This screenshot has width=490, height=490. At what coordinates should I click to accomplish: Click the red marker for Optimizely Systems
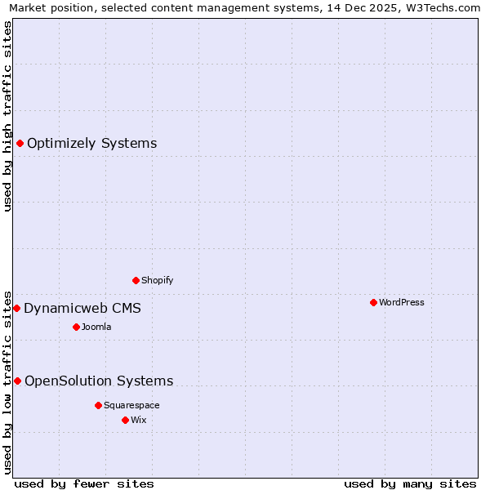[20, 144]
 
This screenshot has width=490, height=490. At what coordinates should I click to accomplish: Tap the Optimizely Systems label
[91, 144]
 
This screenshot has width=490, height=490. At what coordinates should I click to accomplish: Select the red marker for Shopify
[136, 280]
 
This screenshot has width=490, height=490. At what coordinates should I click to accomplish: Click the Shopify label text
[157, 281]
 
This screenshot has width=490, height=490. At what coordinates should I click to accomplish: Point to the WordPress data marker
[373, 302]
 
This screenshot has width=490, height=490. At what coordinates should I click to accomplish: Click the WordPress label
[401, 303]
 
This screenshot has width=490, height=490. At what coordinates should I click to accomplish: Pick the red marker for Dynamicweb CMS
[16, 308]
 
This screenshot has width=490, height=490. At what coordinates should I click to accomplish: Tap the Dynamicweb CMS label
[82, 309]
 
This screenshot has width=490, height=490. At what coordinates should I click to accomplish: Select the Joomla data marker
[76, 327]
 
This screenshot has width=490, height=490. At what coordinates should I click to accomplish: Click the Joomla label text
[96, 327]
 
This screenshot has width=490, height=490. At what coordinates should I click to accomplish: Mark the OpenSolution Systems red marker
[17, 381]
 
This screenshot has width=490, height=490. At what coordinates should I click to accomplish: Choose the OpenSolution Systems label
[99, 381]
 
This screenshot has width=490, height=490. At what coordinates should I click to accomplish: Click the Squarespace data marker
[98, 405]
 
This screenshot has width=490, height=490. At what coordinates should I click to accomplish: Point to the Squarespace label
[131, 406]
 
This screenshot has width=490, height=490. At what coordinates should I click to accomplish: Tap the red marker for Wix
[125, 420]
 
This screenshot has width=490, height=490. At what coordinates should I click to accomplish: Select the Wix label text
[138, 421]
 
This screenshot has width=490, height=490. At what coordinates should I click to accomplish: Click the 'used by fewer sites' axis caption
[84, 484]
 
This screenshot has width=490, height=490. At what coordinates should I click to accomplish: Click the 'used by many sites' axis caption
[410, 484]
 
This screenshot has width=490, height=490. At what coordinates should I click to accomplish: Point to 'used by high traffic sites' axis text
[8, 116]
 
